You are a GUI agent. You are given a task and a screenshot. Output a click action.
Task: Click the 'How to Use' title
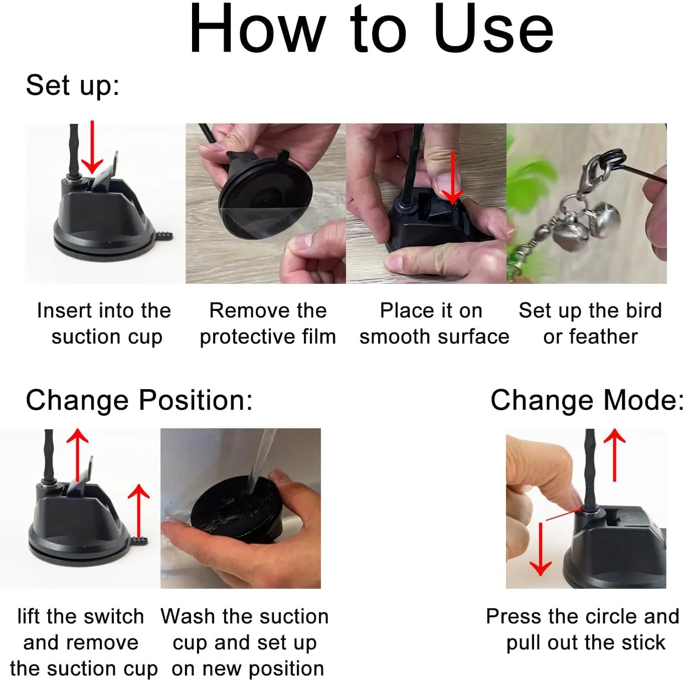point(371,29)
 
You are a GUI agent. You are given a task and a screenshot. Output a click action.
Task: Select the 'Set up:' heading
point(72,86)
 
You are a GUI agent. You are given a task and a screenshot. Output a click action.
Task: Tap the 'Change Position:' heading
point(139,401)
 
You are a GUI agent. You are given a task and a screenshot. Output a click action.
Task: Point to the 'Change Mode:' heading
point(587,401)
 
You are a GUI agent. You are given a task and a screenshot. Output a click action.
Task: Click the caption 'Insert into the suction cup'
point(104,323)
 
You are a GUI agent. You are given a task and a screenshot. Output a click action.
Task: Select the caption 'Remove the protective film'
point(268,323)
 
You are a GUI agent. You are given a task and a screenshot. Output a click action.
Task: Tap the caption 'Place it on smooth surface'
point(434,323)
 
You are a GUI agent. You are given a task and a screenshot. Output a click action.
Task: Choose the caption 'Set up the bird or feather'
point(590,323)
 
